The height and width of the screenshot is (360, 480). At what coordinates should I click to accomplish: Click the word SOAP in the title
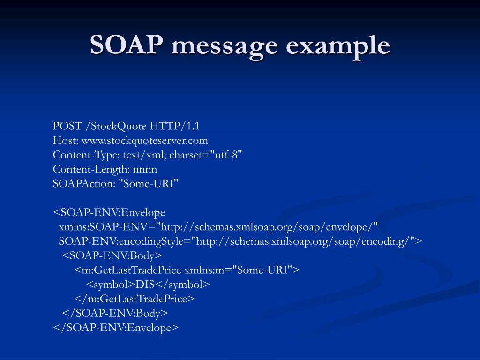tap(127, 45)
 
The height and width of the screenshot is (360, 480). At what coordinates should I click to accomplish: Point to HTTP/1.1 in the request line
tap(175, 126)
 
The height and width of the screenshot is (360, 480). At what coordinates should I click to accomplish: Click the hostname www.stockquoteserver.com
tap(144, 141)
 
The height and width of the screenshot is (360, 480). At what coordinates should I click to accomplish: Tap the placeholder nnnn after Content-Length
tap(145, 169)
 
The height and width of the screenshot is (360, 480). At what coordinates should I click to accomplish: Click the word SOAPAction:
tap(84, 184)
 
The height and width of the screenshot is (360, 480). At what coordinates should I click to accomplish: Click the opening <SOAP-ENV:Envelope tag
tap(109, 213)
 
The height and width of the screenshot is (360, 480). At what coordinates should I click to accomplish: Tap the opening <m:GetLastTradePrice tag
tap(127, 270)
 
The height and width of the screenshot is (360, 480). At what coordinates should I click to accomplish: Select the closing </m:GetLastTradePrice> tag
tap(134, 299)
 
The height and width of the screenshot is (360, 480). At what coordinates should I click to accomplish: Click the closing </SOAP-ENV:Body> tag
tap(115, 313)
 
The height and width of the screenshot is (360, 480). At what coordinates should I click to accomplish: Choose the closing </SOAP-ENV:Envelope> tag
tap(116, 328)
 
